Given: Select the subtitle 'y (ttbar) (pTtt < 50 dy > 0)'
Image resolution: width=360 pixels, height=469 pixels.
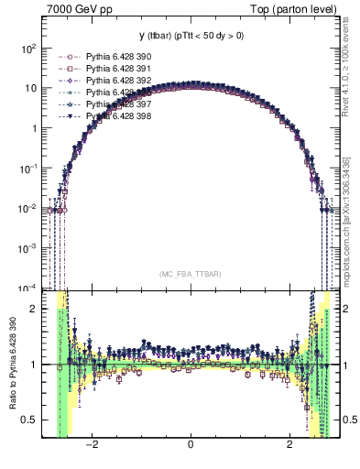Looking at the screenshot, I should tap(190, 37).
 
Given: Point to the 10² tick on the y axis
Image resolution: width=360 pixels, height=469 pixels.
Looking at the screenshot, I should tap(31, 48).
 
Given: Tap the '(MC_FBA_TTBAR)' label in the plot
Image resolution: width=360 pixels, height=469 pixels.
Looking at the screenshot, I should tap(190, 274).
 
